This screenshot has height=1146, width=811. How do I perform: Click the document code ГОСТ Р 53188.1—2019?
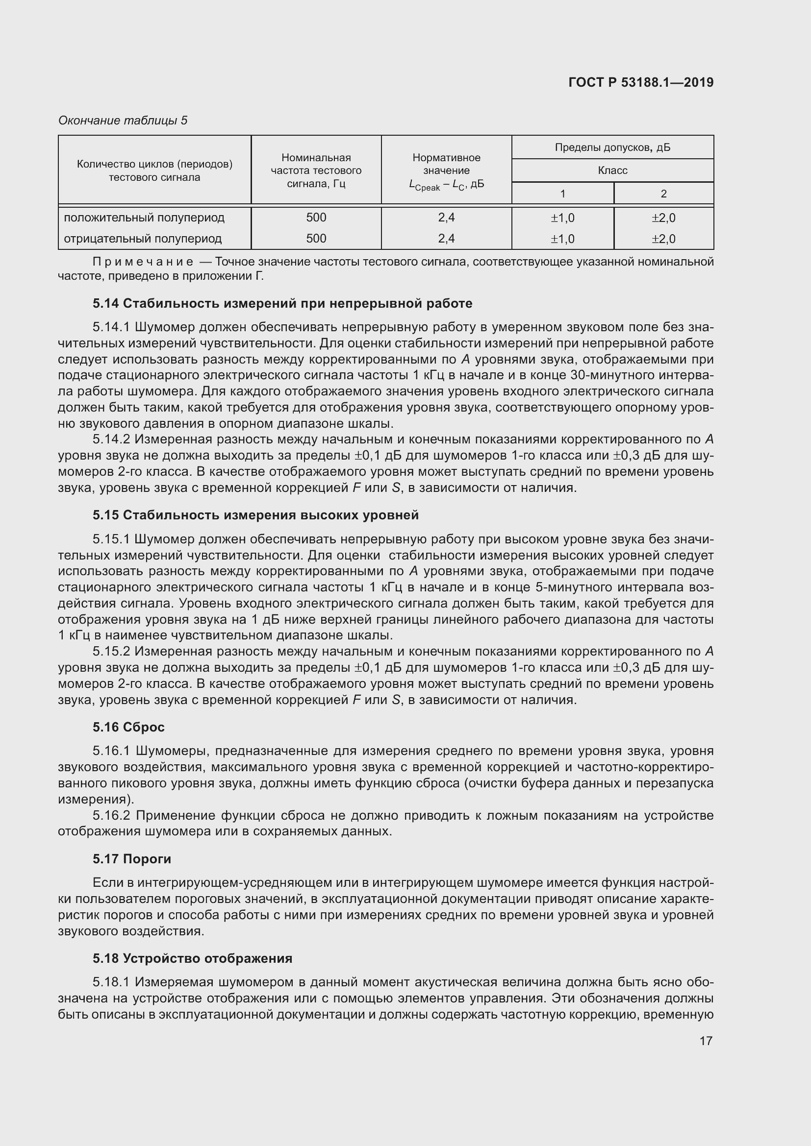click(x=641, y=82)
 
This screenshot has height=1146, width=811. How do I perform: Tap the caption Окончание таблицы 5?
click(x=123, y=121)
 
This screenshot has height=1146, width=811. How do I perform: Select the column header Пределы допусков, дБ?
click(x=612, y=147)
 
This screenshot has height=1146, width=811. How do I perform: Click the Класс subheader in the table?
click(x=612, y=170)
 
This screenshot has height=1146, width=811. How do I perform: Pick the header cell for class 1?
click(x=562, y=194)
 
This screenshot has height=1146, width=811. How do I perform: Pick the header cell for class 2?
click(x=663, y=194)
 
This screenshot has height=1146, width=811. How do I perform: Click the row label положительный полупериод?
click(x=144, y=218)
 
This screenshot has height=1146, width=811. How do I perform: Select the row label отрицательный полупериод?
click(x=143, y=239)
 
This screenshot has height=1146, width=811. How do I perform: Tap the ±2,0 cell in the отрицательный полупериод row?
click(x=663, y=239)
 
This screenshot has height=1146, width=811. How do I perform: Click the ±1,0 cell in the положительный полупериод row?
click(x=562, y=218)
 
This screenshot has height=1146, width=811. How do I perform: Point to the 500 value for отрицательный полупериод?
click(x=316, y=239)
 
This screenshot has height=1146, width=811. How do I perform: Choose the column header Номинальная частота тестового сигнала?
click(x=316, y=170)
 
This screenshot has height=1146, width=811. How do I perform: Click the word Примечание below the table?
click(x=144, y=262)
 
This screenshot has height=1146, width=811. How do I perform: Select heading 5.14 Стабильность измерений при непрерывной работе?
click(x=282, y=303)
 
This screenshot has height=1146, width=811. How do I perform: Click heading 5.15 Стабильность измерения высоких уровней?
click(x=255, y=515)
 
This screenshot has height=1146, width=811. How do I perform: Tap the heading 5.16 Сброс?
click(x=128, y=727)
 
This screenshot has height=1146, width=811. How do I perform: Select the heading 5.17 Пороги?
click(x=132, y=859)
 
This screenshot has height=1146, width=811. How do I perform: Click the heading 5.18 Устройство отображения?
click(x=192, y=958)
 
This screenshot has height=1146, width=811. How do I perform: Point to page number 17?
click(x=706, y=1041)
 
